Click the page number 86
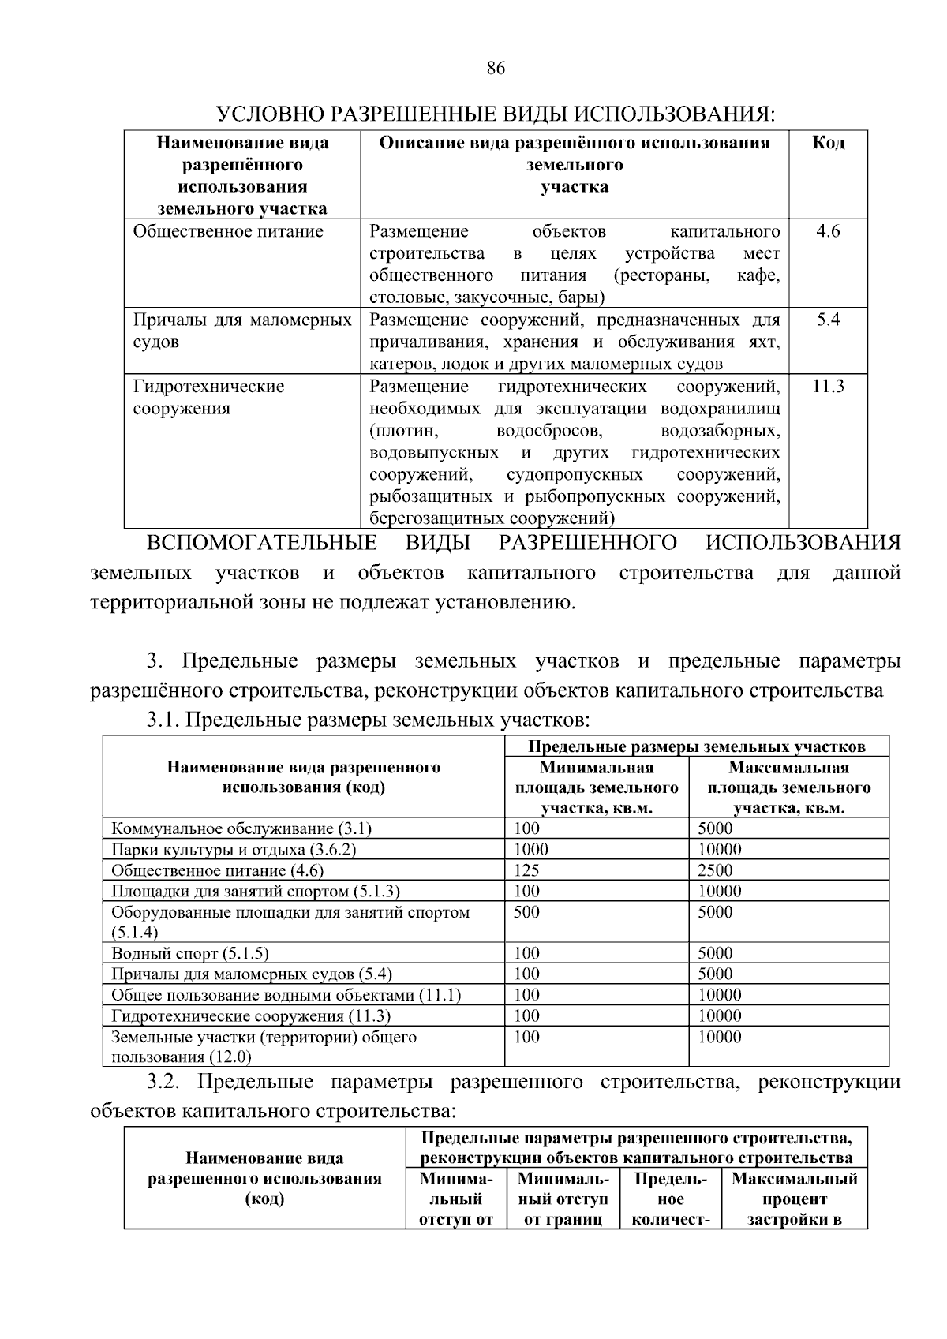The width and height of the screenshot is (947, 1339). click(x=495, y=68)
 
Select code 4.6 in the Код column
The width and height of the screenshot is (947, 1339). click(x=828, y=231)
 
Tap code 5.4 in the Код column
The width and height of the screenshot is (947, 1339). click(x=828, y=320)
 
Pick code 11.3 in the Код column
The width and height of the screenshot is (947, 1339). click(x=828, y=386)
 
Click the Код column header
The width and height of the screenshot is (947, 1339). click(x=828, y=143)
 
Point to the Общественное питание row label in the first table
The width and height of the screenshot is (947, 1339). click(x=228, y=231)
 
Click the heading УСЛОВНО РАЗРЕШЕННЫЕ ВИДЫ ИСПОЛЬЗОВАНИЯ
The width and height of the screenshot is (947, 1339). click(x=496, y=114)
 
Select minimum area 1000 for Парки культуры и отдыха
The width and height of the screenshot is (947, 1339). click(x=530, y=850)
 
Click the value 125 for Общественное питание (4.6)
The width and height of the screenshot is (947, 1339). click(x=526, y=870)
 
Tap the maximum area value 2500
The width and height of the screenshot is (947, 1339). click(x=715, y=870)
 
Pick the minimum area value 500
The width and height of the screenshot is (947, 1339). click(x=526, y=912)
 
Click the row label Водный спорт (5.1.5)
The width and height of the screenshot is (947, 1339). click(x=190, y=953)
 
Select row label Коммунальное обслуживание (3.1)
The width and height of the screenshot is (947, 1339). click(x=241, y=828)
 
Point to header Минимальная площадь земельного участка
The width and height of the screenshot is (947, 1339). click(x=597, y=787)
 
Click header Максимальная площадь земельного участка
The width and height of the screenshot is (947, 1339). click(x=788, y=787)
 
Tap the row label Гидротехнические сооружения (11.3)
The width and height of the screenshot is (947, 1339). click(x=251, y=1016)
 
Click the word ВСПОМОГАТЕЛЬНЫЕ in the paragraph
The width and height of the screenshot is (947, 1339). click(x=261, y=543)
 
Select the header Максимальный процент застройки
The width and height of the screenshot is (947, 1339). click(x=794, y=1199)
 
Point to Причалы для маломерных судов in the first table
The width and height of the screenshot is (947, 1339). click(x=242, y=331)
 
